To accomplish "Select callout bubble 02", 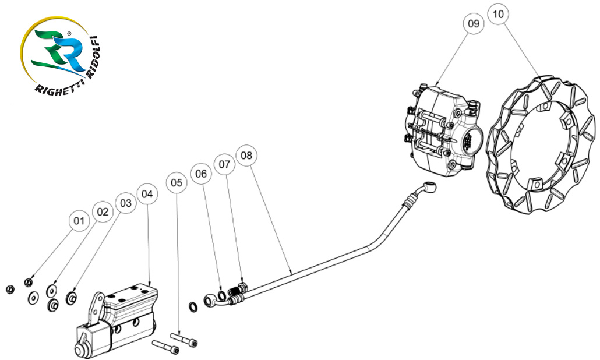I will click(x=103, y=211).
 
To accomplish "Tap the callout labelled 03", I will click(x=125, y=203).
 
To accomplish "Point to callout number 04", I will click(x=147, y=193).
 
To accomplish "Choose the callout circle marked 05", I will click(x=177, y=182).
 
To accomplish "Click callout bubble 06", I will click(x=201, y=174).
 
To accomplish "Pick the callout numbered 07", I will click(x=224, y=164).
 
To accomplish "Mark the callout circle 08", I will click(x=247, y=156).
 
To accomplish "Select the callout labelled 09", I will click(x=474, y=23).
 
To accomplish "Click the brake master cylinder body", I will click(x=119, y=317).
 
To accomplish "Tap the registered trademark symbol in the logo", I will click(x=70, y=34).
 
